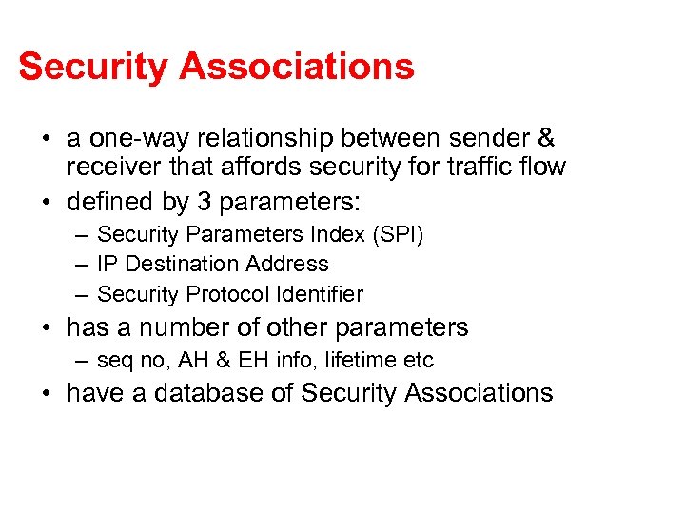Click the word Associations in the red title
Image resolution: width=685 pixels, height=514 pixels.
tap(298, 67)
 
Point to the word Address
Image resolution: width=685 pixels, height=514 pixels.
tap(287, 264)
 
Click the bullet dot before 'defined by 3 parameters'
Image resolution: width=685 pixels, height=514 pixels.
tap(47, 203)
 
